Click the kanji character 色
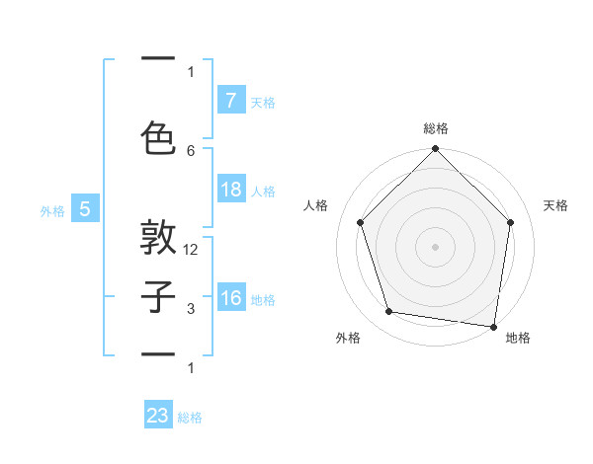tap(159, 136)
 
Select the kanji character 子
tap(159, 296)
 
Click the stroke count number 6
tap(191, 150)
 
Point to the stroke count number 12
tap(191, 250)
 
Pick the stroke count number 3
tap(191, 310)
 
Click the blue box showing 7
tap(230, 100)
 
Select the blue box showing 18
tap(230, 190)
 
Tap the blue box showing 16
tap(230, 299)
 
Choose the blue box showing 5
tap(85, 209)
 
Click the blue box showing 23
tap(158, 416)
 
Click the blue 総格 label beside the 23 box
tap(190, 418)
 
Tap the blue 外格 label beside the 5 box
tap(52, 210)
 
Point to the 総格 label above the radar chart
tap(435, 128)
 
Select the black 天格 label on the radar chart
tap(556, 205)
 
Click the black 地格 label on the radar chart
tap(518, 338)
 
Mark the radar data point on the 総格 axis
tap(435, 150)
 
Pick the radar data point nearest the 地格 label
tap(493, 326)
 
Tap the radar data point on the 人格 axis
tap(360, 222)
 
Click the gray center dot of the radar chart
tap(435, 246)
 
